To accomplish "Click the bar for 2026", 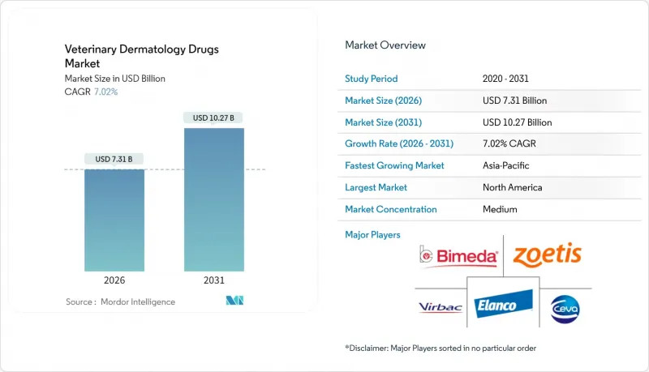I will [115, 220].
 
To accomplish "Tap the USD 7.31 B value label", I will [115, 157].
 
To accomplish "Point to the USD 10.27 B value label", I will [213, 118].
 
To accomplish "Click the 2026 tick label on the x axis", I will [115, 280].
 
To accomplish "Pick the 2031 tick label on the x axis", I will [213, 280].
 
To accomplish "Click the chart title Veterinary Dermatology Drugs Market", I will [142, 55].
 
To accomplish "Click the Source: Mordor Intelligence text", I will [120, 301].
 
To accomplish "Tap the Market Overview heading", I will [385, 45].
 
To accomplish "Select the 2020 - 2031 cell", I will [505, 79].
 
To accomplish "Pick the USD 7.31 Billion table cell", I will [514, 100].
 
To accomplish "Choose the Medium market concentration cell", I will [499, 209].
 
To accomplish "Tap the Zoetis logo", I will [548, 254].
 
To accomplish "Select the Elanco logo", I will [503, 306].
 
